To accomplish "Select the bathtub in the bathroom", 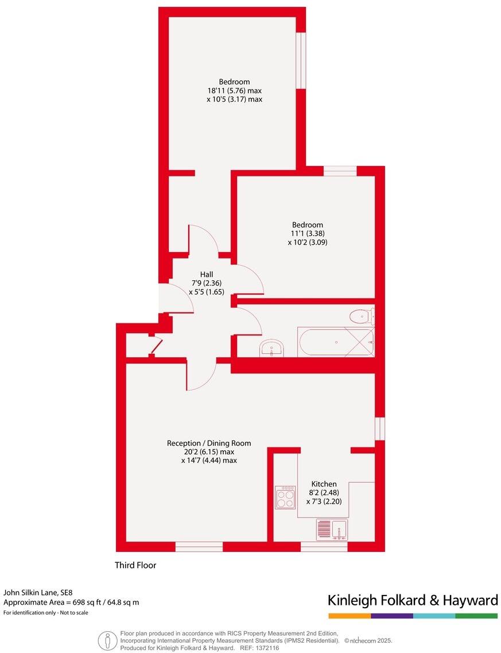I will pyautogui.click(x=335, y=342).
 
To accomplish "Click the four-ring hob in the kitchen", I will pyautogui.click(x=285, y=497).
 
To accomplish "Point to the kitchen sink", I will pyautogui.click(x=332, y=529).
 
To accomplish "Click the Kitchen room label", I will pyautogui.click(x=324, y=484).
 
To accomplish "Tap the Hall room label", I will pyautogui.click(x=206, y=274).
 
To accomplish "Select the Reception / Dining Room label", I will pyautogui.click(x=209, y=443).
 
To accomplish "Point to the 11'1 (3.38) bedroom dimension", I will pyautogui.click(x=308, y=234).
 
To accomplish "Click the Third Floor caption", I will pyautogui.click(x=135, y=565).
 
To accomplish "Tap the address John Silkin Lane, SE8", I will pyautogui.click(x=38, y=592).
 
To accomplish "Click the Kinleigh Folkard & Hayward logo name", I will pyautogui.click(x=413, y=601).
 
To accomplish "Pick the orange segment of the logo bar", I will pyautogui.click(x=349, y=616).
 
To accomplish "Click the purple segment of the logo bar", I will pyautogui.click(x=392, y=616).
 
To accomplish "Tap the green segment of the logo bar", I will pyautogui.click(x=477, y=616).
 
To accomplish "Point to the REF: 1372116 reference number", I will pyautogui.click(x=259, y=648).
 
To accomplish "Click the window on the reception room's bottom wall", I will pyautogui.click(x=199, y=547).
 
